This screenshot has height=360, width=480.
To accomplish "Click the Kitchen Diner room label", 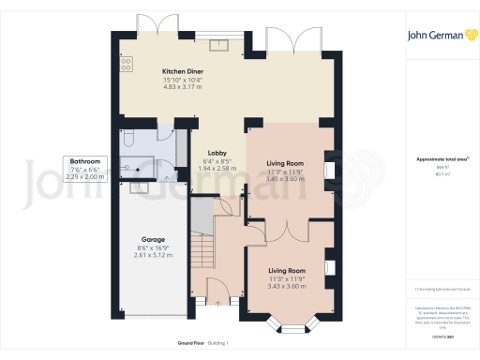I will click(x=183, y=71).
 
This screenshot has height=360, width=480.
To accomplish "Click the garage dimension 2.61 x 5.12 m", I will click(x=152, y=255).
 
